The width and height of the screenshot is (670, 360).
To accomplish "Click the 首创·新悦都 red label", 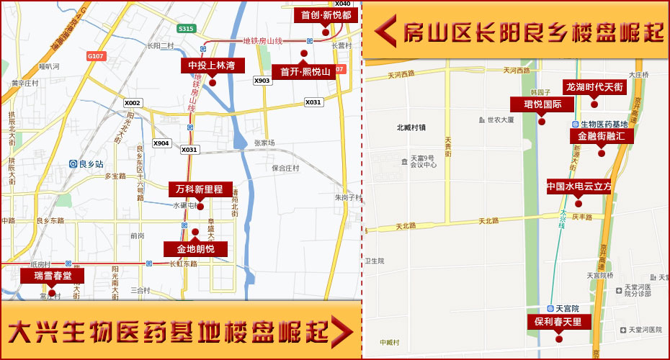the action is point(326,15).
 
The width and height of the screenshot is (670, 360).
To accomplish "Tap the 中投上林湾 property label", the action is point(213,66).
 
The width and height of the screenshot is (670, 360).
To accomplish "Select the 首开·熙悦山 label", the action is point(305,72).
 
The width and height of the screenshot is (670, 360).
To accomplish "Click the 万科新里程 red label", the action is point(200,189).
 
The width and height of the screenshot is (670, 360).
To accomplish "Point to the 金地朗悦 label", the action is point(195,249).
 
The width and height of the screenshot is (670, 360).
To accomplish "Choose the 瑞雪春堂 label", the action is point(52,276).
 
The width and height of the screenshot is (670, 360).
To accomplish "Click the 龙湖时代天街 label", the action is point(594,87).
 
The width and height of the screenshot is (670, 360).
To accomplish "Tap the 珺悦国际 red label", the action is point(542,104).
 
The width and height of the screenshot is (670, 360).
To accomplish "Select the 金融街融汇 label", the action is point(602,135).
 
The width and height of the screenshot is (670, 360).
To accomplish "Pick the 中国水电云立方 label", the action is point(579,186).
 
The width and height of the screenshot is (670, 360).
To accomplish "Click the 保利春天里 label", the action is point(558,321).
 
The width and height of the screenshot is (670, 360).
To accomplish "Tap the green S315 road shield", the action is point(186,29).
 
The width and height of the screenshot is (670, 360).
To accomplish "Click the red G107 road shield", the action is point(95,56).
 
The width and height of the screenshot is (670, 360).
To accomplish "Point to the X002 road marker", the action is point(133,103).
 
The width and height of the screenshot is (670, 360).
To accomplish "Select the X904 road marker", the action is point(161,143).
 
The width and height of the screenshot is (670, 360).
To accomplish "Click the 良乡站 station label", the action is point(86,164).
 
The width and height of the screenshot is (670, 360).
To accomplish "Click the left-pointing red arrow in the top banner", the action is point(385,31).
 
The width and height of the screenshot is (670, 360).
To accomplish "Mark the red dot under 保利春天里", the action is point(558,338).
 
